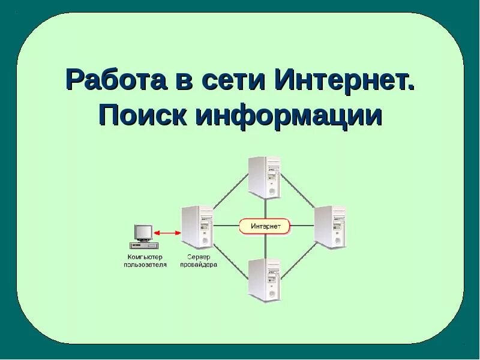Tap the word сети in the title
tap(232, 80)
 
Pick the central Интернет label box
tap(265, 226)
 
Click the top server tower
tap(265, 177)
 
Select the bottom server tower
tap(265, 278)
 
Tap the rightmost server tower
tap(331, 227)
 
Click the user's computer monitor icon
tap(143, 233)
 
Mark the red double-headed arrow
tap(169, 233)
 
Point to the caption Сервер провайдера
tap(198, 260)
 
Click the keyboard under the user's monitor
tap(145, 245)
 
